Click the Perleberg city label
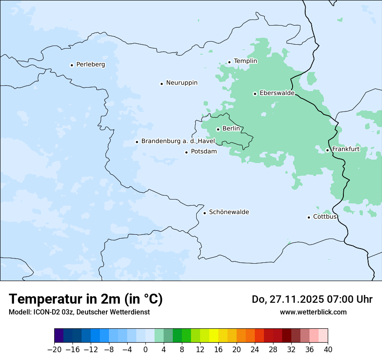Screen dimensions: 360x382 pos(90,65)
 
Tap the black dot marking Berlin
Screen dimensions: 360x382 pos(218,129)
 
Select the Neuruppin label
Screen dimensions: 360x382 pos(181,83)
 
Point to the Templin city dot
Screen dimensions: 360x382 pos(229,62)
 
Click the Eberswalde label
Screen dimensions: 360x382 pos(277,93)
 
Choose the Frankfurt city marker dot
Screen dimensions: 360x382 pos(327,150)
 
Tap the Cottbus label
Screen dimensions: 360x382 pos(325,216)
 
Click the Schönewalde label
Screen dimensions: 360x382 pos(229,212)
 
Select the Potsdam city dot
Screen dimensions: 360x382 pos(186,152)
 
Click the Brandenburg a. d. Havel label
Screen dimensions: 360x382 pos(178,141)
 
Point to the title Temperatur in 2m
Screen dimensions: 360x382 pos(86,299)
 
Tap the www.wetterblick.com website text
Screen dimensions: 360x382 pos(313,312)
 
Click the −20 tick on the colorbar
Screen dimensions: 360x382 pos(54,350)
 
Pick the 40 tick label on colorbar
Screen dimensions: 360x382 pos(328,350)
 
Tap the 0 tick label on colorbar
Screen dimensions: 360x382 pos(145,350)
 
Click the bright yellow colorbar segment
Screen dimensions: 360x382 pos(214,336)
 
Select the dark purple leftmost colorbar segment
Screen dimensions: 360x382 pos(59,336)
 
